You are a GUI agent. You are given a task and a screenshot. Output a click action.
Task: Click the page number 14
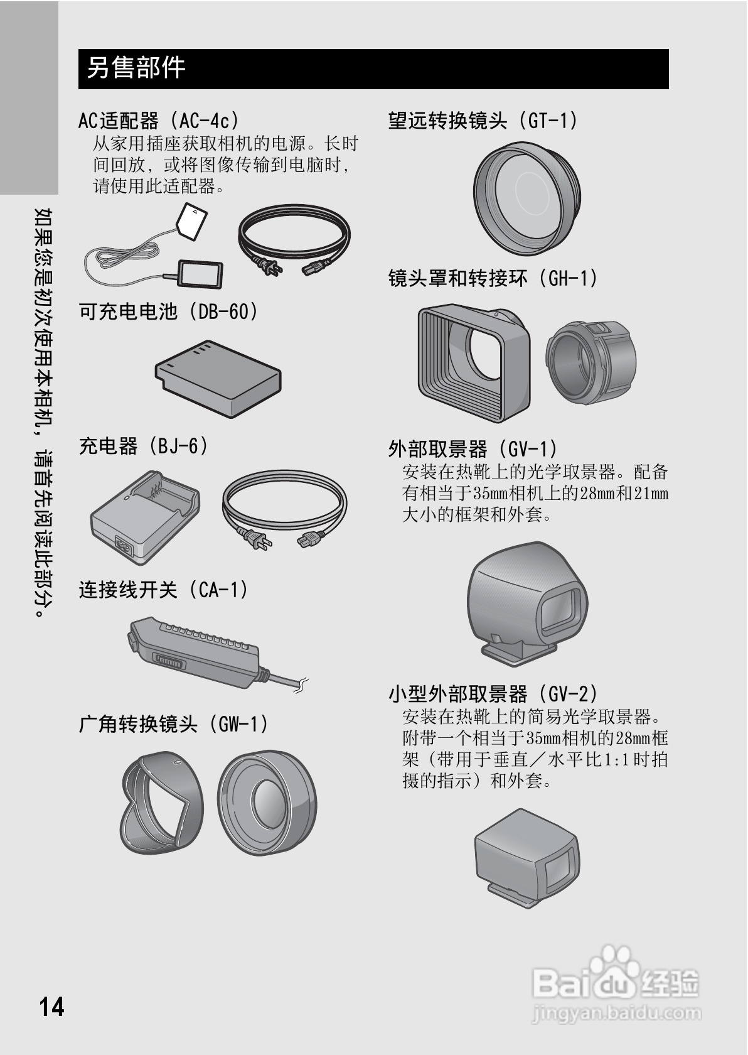pyautogui.click(x=51, y=1006)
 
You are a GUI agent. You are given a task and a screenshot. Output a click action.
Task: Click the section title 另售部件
pyautogui.click(x=136, y=68)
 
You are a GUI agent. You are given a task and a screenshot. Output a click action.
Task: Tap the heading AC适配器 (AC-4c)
pyautogui.click(x=159, y=120)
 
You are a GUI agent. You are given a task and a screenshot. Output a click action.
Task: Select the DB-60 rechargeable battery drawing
pyautogui.click(x=218, y=379)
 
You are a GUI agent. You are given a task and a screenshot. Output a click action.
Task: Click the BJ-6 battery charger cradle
pyautogui.click(x=146, y=517)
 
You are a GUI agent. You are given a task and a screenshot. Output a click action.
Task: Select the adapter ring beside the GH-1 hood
pyautogui.click(x=590, y=362)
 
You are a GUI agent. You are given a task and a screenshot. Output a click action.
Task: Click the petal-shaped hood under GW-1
pyautogui.click(x=162, y=803)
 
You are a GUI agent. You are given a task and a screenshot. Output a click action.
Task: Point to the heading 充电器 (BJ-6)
pyautogui.click(x=144, y=446)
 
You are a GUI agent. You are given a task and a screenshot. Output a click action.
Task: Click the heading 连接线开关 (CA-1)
pyautogui.click(x=164, y=590)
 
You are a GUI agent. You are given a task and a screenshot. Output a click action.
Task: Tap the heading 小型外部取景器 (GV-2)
pyautogui.click(x=493, y=693)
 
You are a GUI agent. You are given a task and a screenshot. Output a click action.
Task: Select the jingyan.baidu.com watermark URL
pyautogui.click(x=616, y=1012)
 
